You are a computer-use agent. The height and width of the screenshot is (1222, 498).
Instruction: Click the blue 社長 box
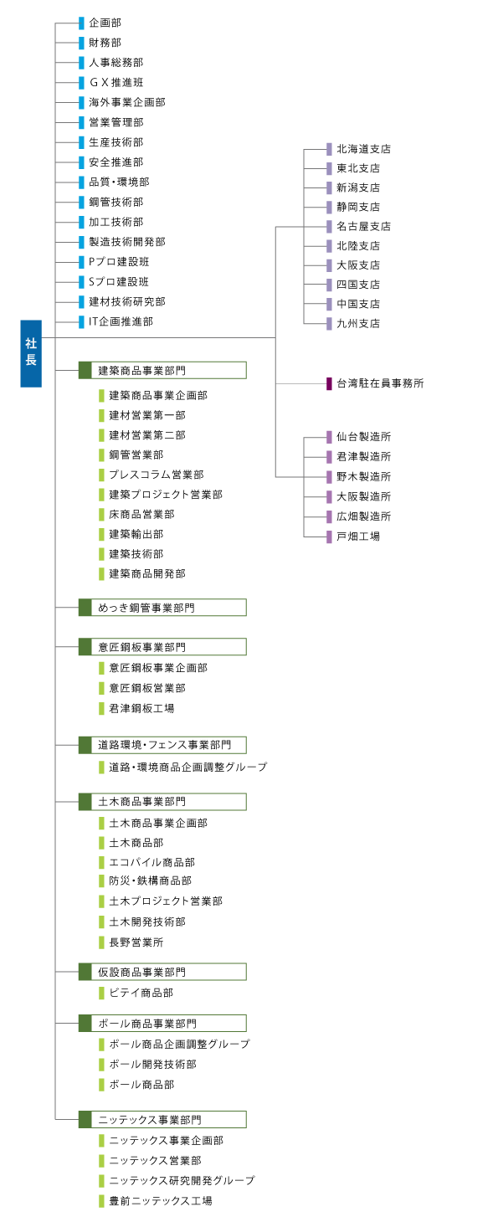31,353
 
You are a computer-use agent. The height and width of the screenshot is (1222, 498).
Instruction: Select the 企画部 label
105,23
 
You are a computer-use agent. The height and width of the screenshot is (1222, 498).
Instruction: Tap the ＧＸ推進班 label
116,82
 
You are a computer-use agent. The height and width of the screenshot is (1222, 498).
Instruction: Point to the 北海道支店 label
363,149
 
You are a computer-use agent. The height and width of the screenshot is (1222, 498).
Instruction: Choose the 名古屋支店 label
363,226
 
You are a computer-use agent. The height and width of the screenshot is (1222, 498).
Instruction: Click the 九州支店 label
357,323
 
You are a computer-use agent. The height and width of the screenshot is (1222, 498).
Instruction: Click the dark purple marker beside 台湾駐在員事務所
330,383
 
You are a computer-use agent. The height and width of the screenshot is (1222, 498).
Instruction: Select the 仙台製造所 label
363,437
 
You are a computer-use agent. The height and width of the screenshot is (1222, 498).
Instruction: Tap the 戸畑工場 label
357,536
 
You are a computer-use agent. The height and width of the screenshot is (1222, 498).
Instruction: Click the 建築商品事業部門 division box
162,370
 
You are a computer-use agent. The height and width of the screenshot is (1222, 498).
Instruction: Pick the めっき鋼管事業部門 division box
162,608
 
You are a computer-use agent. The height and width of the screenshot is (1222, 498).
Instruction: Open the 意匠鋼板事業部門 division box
162,647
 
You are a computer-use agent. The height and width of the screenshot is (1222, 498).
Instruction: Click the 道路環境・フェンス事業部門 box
162,745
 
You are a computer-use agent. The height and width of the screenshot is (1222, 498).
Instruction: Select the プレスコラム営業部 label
156,475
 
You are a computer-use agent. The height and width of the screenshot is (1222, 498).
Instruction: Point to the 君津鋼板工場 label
141,708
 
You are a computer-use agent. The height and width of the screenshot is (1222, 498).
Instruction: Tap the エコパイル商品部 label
151,862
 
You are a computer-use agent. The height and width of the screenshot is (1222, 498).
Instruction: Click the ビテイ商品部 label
141,993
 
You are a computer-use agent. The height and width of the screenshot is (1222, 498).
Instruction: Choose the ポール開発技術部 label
152,1065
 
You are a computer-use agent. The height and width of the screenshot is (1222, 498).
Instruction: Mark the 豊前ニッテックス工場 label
160,1201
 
